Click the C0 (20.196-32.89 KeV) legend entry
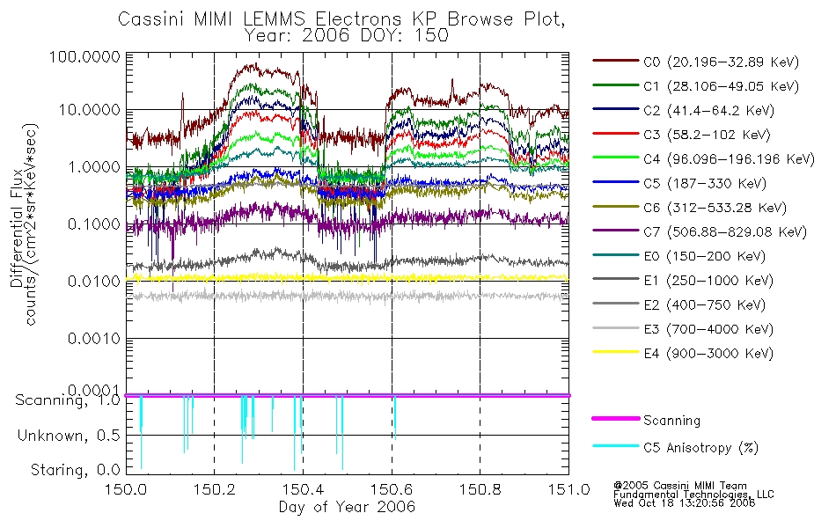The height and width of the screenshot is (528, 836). (722, 62)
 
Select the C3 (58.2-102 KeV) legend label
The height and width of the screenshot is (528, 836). (707, 135)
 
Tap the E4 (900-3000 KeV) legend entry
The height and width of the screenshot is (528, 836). (708, 354)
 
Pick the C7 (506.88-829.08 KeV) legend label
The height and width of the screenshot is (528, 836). (725, 232)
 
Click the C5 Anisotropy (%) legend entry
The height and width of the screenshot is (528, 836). (700, 447)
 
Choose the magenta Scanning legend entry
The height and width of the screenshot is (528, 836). (671, 421)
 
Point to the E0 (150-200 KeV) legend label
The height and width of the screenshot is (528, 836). (705, 257)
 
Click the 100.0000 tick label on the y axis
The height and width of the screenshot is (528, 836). (85, 56)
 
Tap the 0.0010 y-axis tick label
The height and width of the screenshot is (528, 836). (94, 339)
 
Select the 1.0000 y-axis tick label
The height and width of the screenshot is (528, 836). (94, 167)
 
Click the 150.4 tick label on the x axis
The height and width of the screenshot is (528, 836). (304, 489)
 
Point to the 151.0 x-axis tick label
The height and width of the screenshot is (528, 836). (568, 489)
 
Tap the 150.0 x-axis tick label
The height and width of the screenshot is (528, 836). (127, 489)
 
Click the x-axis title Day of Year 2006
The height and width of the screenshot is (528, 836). (347, 507)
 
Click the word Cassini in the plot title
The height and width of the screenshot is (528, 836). (151, 19)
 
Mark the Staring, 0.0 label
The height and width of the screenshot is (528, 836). (75, 471)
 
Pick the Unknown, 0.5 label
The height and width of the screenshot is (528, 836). (69, 436)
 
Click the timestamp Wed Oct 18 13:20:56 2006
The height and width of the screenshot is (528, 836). (684, 503)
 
